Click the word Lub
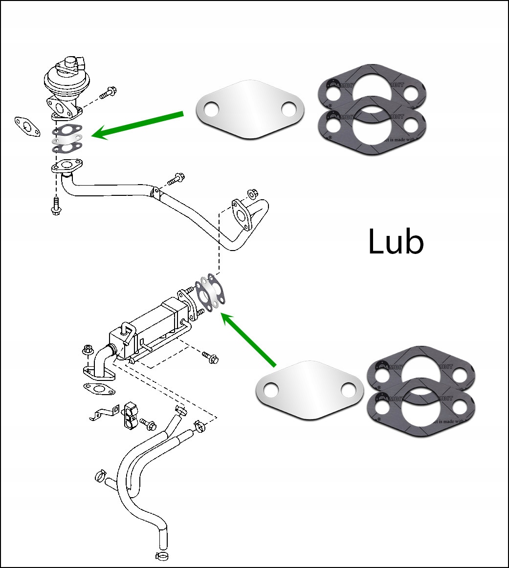[x=395, y=241]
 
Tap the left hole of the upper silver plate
[x=210, y=109]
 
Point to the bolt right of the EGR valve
[x=107, y=93]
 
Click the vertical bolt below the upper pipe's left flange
[x=55, y=205]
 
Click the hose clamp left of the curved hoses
[x=101, y=474]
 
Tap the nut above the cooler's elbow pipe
[x=89, y=349]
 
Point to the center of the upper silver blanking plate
[x=249, y=109]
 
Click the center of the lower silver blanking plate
[x=310, y=390]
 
